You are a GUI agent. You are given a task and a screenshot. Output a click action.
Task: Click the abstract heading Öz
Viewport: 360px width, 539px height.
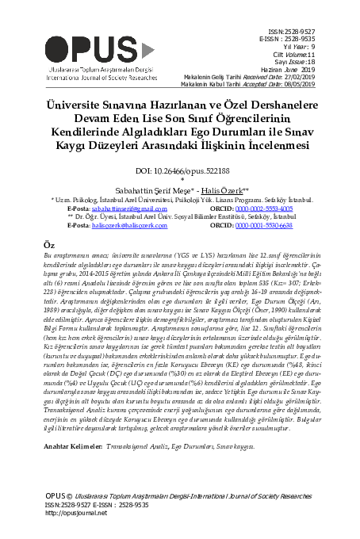pyautogui.click(x=48, y=246)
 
